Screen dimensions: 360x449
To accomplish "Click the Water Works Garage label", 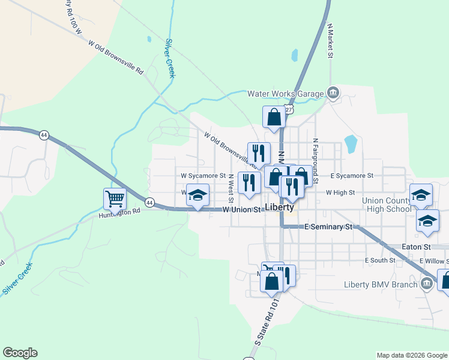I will click(286, 93).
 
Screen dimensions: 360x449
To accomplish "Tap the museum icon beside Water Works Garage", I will click(332, 93).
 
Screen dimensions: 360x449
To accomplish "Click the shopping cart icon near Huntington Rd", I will click(115, 197).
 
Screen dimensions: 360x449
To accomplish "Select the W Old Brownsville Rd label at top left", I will click(116, 57).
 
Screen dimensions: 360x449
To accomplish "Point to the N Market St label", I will click(330, 41).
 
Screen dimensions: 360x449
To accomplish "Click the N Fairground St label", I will click(315, 157).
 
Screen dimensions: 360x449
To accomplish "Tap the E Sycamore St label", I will click(352, 176).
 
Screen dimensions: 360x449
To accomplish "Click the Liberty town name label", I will click(279, 208).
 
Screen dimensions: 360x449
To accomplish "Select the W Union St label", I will click(243, 210).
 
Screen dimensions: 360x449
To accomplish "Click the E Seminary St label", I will click(328, 227).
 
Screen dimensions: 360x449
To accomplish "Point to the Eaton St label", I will click(417, 247).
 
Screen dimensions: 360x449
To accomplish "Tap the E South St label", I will click(380, 260).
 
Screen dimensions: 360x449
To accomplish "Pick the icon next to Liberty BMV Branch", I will click(426, 284).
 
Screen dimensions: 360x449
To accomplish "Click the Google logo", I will click(20, 353).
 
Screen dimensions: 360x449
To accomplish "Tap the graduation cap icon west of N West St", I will click(197, 195).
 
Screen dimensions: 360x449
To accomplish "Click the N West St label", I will click(231, 188).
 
